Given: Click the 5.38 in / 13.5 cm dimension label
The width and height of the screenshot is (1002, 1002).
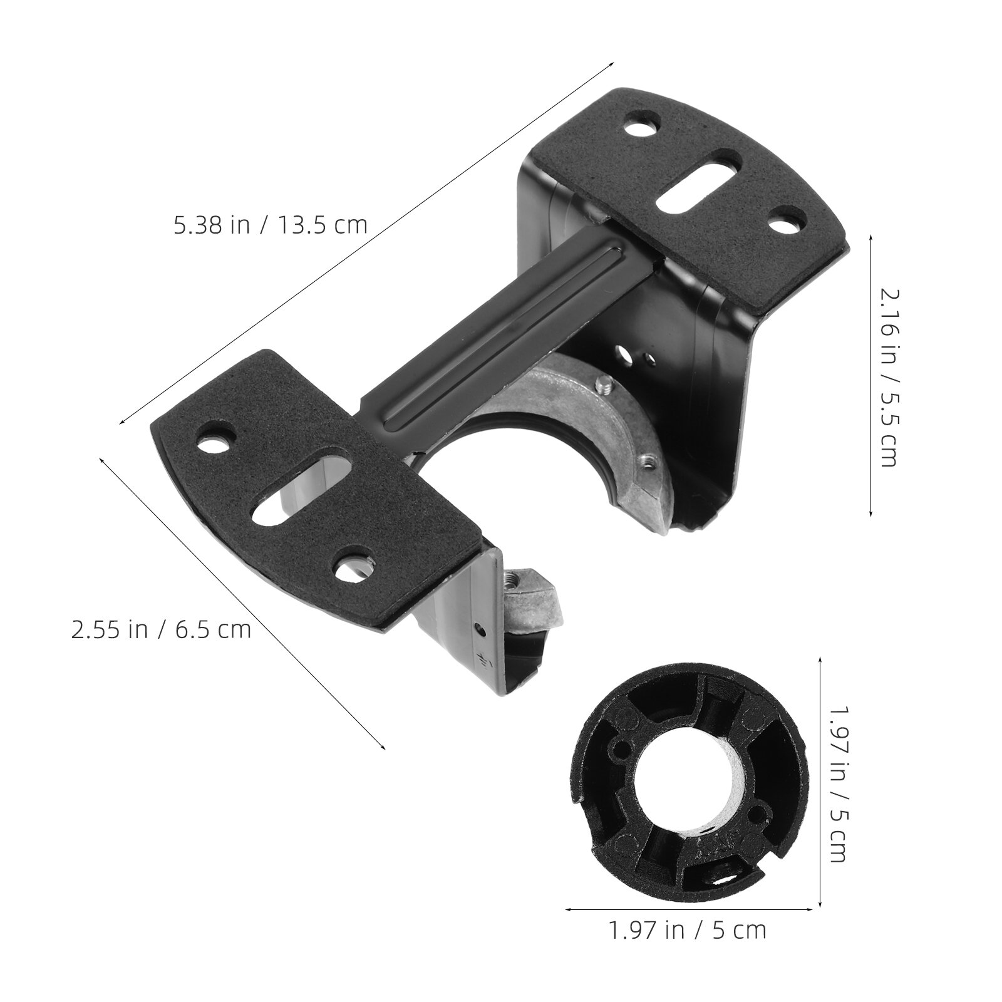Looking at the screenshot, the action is coord(271,224).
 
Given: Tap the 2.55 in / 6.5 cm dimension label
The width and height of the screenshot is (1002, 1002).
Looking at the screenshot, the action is coord(161,629).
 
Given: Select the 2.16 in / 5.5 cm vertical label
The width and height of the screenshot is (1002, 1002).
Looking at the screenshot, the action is coord(888,377).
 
